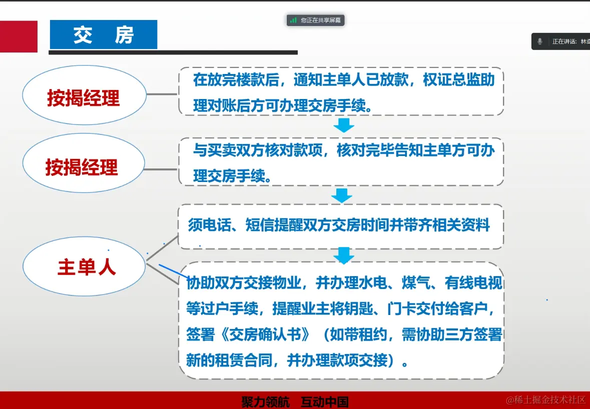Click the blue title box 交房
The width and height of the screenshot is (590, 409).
104,34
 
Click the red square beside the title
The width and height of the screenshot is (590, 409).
19,36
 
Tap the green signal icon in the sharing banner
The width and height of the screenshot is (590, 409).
293,20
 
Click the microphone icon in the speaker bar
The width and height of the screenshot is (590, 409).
540,41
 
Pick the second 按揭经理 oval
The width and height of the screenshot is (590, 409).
83,166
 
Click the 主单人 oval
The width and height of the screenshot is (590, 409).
84,267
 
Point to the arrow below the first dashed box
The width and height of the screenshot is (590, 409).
344,125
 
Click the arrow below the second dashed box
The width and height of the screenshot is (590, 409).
342,195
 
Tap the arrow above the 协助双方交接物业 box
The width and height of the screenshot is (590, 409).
344,255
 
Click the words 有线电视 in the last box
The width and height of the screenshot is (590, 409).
473,283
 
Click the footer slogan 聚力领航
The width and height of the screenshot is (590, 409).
265,401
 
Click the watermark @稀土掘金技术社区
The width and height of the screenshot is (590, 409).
545,399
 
